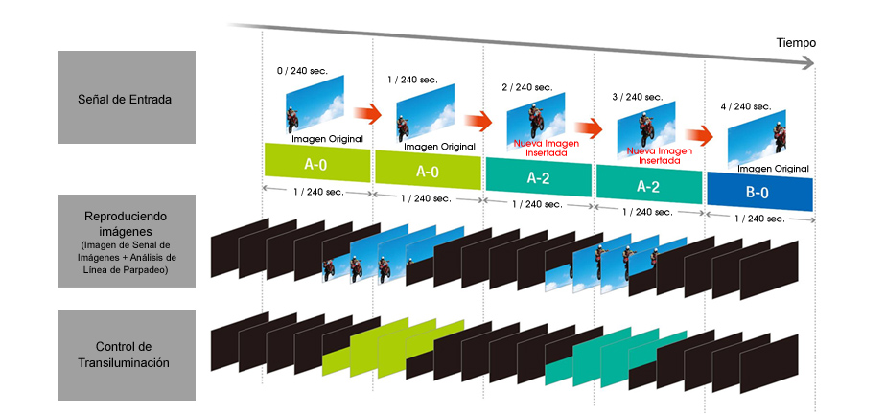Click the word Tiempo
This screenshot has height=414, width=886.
coord(796,43)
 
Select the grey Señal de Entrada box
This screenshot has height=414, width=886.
coord(127,97)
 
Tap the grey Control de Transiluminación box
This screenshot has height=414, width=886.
coord(127,355)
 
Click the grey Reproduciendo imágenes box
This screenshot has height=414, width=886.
coord(127,241)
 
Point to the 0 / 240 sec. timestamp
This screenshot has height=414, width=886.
coord(302,71)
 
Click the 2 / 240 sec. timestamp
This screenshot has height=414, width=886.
coord(526,87)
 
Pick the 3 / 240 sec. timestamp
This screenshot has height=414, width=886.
coord(638,97)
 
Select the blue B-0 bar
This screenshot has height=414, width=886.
coord(760,193)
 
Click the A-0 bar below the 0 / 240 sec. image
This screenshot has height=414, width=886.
coord(317,163)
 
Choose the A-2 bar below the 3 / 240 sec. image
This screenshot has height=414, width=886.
coord(649,185)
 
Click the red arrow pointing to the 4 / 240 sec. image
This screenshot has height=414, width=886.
coord(700,136)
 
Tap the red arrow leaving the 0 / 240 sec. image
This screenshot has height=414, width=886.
coord(368,112)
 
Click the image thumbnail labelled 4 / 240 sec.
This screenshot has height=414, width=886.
coord(757,138)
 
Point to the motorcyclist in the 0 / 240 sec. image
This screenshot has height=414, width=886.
coord(293,121)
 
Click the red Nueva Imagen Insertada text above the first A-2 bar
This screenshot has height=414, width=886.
coord(539,148)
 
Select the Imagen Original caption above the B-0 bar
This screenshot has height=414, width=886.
coord(773,169)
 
